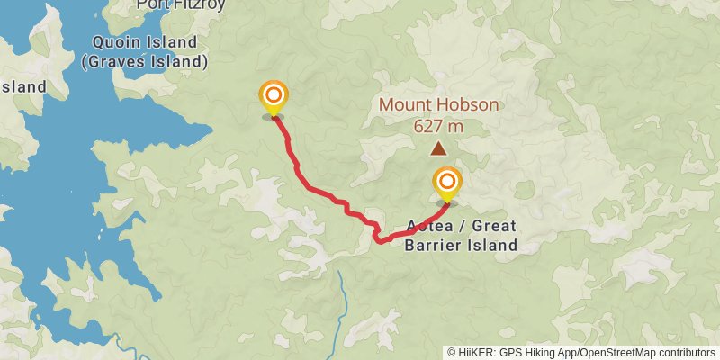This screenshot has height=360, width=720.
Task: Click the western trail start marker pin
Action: tap(273, 96)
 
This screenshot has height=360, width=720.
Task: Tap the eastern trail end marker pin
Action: tap(446, 183)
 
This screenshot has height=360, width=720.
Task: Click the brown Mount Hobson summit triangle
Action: tap(438, 149)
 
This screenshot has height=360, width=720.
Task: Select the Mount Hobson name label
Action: tap(438, 104)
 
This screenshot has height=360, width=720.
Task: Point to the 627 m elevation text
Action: tap(438, 126)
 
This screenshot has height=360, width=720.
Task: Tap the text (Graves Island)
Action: tap(144, 63)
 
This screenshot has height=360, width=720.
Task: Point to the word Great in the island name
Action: tap(494, 226)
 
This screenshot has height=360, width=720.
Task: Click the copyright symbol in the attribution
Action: tap(453, 352)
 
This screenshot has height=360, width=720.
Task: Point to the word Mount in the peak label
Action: tap(403, 104)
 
